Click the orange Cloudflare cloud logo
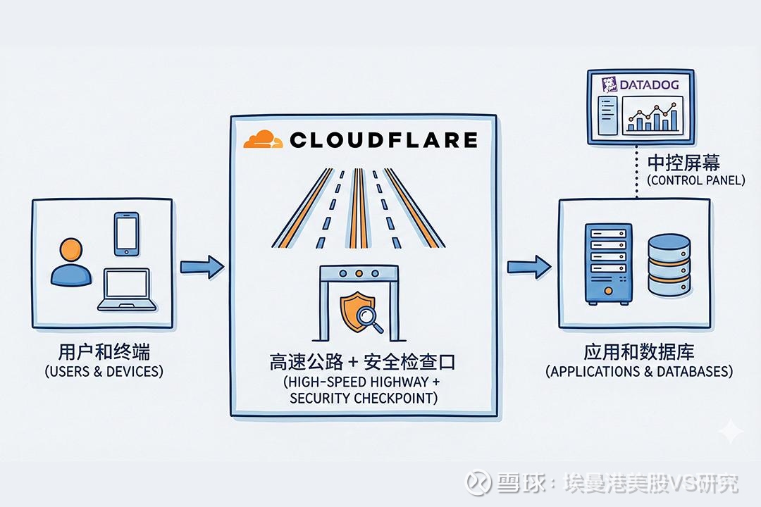(x=262, y=139)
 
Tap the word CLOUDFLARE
(x=383, y=139)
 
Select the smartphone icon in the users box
(x=125, y=234)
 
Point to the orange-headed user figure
(x=70, y=265)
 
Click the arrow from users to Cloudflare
(x=202, y=267)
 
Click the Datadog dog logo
(x=609, y=85)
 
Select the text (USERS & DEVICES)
(x=104, y=371)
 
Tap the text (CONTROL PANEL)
(x=695, y=180)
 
